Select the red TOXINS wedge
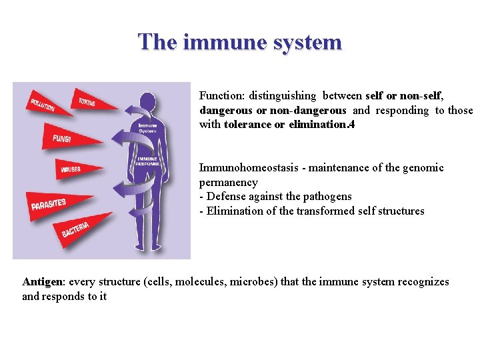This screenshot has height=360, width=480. pos(87,101)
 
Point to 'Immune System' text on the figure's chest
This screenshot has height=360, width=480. pos(147,127)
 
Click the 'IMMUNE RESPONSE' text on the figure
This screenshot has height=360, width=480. pos(147,161)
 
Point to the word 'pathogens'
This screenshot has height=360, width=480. pos(328,196)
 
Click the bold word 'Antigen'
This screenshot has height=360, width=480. pos(43,281)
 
